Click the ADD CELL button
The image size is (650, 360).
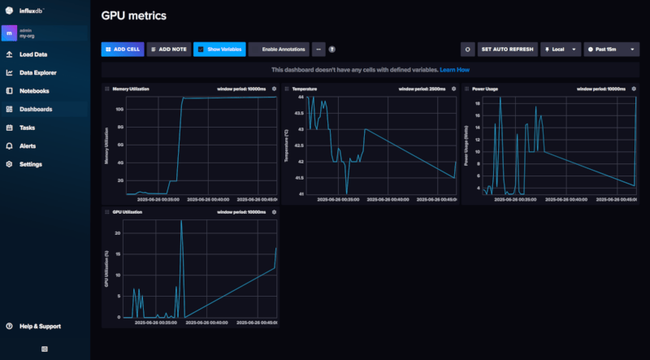coord(122,49)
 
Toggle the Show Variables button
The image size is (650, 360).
coord(219,49)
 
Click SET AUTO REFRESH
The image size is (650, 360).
coord(507,49)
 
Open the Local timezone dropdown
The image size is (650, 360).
coord(561,49)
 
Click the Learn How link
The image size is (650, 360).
coord(455,70)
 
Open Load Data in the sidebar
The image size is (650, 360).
coord(33,54)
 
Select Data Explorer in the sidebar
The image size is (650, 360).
coord(37,72)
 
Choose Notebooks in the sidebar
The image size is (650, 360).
coord(34,91)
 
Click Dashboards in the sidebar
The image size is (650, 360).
coord(36,109)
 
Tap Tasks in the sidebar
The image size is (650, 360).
coord(27,128)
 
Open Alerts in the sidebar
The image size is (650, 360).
coord(28,145)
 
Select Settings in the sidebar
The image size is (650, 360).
coord(31,164)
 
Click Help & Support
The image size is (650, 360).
coord(40,326)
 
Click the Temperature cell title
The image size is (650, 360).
coord(306,88)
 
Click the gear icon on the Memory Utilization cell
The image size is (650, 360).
coord(274,88)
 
